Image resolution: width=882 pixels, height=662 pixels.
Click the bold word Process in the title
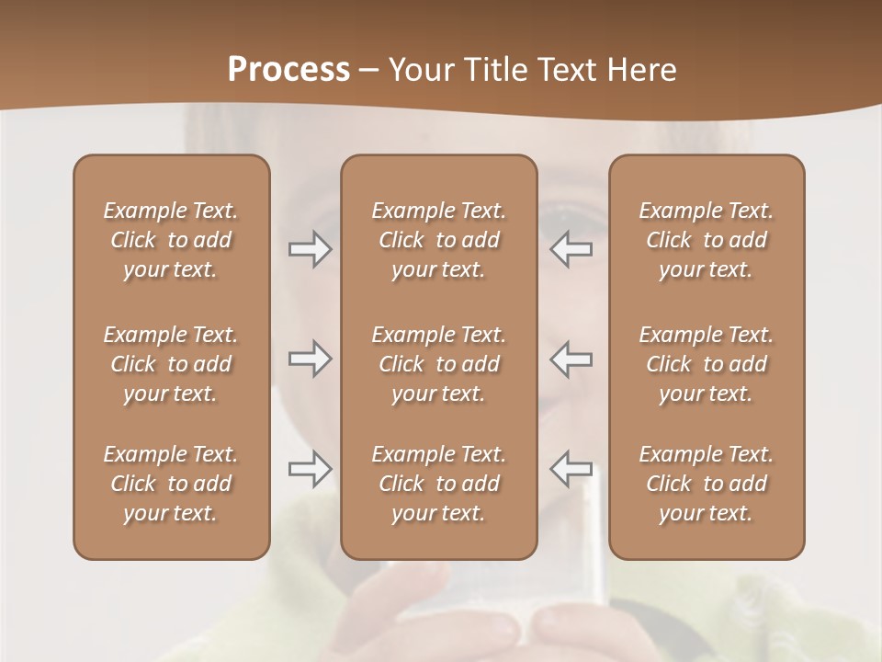[288, 70]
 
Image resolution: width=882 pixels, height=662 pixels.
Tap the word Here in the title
[641, 70]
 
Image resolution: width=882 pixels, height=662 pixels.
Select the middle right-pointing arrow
[311, 359]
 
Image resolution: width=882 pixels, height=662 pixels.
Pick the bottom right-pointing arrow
[311, 469]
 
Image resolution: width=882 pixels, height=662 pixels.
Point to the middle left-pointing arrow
[571, 359]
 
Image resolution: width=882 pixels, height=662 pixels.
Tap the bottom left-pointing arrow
[571, 468]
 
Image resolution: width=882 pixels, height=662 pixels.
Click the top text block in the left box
[171, 240]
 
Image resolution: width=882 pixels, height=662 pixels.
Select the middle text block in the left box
[171, 364]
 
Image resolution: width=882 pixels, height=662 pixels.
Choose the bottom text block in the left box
[171, 484]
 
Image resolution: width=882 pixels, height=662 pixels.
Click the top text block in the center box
[438, 240]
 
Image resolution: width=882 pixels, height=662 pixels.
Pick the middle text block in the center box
[438, 364]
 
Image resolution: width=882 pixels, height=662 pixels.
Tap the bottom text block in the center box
[438, 484]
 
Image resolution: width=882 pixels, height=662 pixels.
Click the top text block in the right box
[706, 240]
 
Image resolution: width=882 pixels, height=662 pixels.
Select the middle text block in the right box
[706, 364]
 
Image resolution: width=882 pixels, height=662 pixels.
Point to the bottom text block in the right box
[706, 484]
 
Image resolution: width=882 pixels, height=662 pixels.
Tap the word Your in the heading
[422, 70]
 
